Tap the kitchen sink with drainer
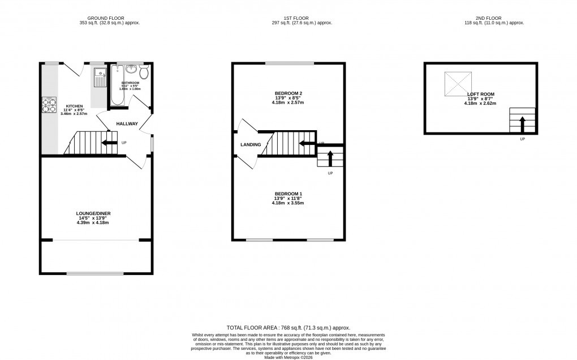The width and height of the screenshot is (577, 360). coord(100,77)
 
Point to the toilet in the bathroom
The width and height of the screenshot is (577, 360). coord(144,72)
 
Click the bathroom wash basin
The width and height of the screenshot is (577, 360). coord(132,69)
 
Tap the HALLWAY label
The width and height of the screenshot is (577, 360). coord(127,123)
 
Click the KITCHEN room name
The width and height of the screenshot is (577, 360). coord(74,106)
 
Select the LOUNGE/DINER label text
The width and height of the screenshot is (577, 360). coord(93,213)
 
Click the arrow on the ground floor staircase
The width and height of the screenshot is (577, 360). coord(109,143)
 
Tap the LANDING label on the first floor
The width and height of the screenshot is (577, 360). coord(251,144)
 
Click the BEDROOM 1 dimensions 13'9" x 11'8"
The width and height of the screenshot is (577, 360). coord(288,198)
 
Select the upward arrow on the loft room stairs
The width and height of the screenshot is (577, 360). coord(522,122)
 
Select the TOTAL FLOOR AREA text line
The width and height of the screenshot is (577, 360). coord(288,328)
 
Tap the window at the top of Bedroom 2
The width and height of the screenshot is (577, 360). coord(288,63)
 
